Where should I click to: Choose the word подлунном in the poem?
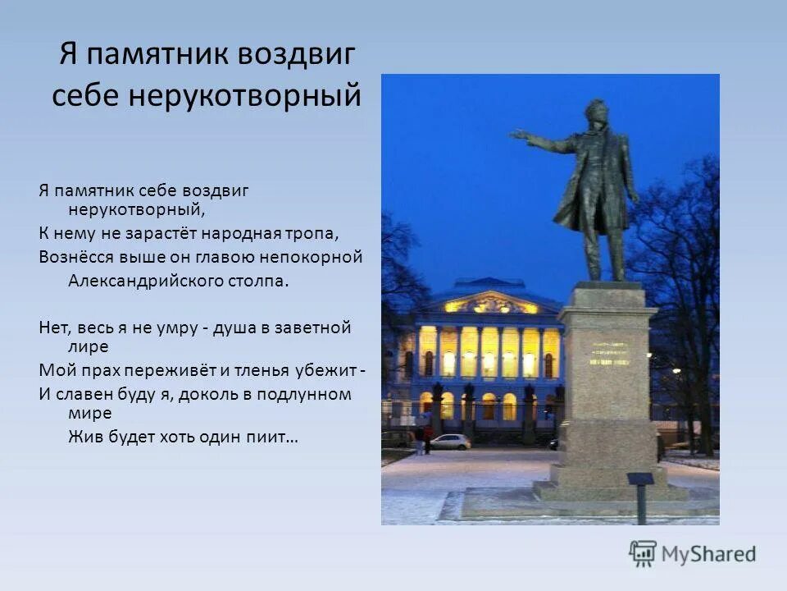(304, 395)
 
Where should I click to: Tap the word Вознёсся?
(76, 257)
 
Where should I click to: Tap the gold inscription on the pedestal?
(608, 353)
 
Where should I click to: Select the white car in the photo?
(450, 442)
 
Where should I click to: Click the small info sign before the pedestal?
(640, 479)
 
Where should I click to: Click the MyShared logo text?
(708, 555)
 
